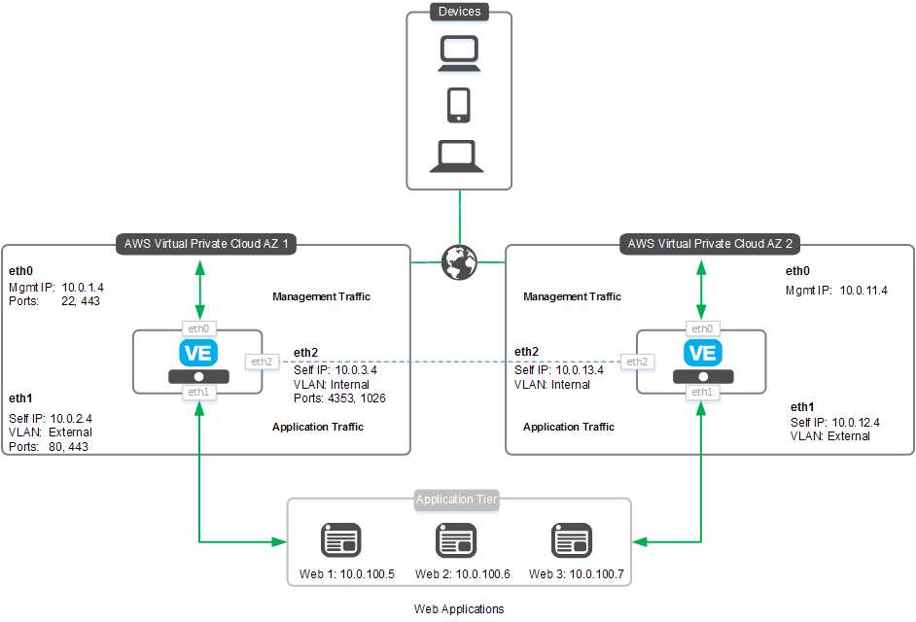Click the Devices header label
(x=458, y=12)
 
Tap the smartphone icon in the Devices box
(x=458, y=105)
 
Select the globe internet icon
(x=458, y=262)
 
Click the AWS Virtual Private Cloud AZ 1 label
(x=206, y=244)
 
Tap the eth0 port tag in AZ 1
(x=198, y=329)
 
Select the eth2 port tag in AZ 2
(x=637, y=362)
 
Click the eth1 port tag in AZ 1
(x=198, y=392)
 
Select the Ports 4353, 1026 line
(x=339, y=398)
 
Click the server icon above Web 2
(x=456, y=539)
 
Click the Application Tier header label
(x=456, y=501)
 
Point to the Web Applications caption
(x=459, y=609)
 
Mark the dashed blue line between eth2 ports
(x=447, y=362)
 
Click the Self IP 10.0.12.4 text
(x=835, y=422)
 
